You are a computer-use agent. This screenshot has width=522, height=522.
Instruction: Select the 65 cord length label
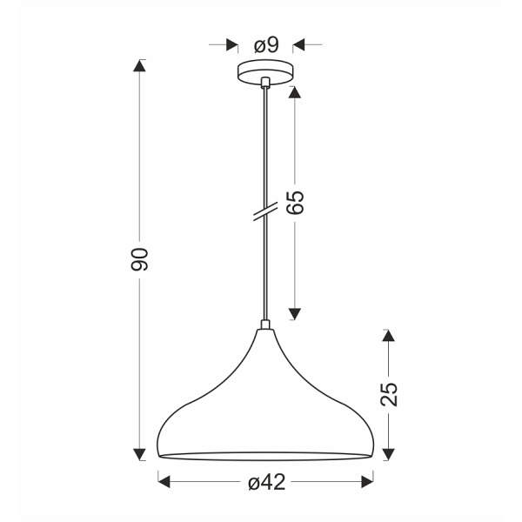(x=295, y=203)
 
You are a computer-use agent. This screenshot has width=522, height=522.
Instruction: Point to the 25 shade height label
(x=389, y=394)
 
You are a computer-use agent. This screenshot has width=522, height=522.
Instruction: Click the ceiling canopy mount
(x=264, y=71)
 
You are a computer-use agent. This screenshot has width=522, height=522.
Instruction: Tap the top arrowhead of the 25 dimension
(x=389, y=335)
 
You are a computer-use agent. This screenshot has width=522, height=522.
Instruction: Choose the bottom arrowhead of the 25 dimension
(x=389, y=452)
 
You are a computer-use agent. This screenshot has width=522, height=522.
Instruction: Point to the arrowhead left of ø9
(x=231, y=43)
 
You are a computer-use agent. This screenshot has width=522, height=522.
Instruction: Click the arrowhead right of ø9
(x=298, y=43)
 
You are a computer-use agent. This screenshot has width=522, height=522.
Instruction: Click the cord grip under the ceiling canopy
(x=264, y=84)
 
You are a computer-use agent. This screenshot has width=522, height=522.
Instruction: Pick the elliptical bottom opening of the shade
(x=264, y=455)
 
